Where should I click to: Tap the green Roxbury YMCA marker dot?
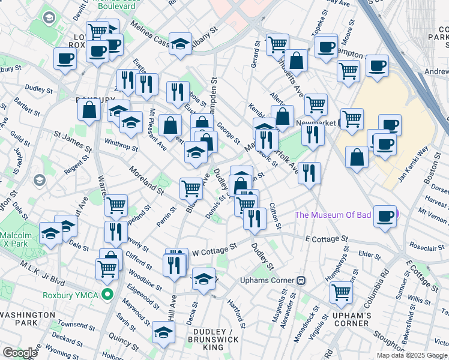[x=107, y=295]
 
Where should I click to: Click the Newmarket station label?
[x=316, y=124]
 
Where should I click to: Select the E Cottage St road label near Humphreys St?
[x=327, y=239]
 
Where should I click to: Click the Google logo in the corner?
[x=20, y=353]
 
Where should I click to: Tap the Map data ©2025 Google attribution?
[x=411, y=355]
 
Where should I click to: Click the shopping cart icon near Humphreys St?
[x=341, y=292]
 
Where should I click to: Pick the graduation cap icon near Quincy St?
[x=163, y=331]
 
